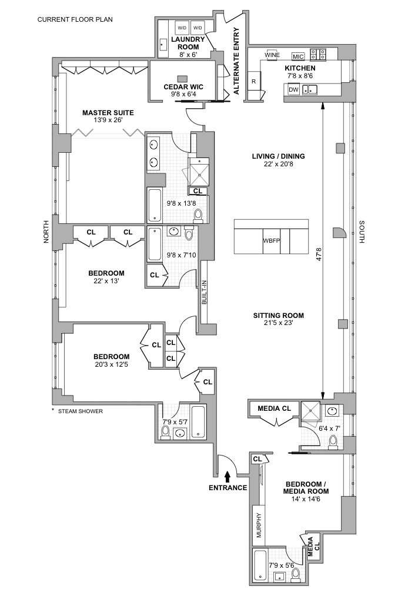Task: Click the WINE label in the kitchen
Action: (272, 55)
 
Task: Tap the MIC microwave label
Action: (297, 56)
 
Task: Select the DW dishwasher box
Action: (293, 90)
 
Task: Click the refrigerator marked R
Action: (253, 82)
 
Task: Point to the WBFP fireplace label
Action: (272, 242)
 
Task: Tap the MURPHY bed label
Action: (257, 524)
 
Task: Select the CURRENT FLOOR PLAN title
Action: (75, 19)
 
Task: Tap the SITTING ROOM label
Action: (278, 316)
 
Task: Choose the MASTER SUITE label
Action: (108, 112)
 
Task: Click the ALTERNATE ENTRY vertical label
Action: (236, 61)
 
